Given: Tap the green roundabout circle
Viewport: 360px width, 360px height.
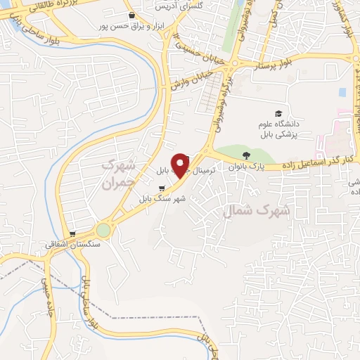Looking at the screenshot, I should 104,230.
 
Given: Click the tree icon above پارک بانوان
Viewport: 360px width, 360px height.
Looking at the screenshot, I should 245,155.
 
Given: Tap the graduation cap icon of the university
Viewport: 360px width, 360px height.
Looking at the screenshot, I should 278,113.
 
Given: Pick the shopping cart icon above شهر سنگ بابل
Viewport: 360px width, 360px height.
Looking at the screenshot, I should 162,188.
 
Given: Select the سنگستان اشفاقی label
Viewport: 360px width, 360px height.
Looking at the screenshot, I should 74,245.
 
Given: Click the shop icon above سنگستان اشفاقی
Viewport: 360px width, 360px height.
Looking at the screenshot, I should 73,234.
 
